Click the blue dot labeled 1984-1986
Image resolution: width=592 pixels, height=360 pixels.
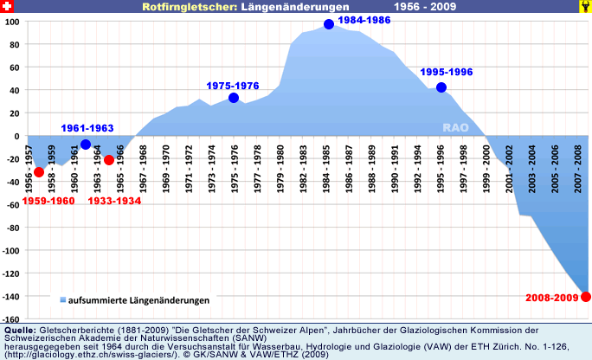point(329,24)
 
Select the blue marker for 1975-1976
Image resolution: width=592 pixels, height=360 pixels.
point(234,99)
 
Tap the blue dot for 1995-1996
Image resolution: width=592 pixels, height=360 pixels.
point(441,87)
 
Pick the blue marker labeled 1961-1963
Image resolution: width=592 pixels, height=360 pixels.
point(86,145)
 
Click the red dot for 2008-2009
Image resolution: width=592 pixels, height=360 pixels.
point(586,297)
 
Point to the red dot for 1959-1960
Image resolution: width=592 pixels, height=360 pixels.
point(39,172)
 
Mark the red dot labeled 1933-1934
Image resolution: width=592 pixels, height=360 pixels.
point(109,160)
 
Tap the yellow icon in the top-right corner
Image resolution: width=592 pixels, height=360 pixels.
point(584,6)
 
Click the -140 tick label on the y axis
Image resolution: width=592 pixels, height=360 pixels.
point(10,297)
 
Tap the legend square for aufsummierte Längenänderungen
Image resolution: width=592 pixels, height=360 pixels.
point(63,300)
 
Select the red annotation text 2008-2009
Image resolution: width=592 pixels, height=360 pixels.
point(552,297)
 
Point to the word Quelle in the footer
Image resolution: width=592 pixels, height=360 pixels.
point(20,331)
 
